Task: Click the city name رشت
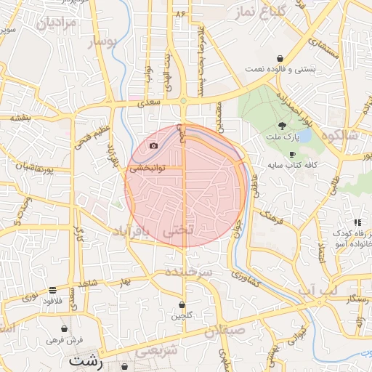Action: pyautogui.click(x=86, y=360)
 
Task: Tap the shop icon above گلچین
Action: pyautogui.click(x=182, y=304)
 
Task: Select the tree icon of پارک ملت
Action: pyautogui.click(x=282, y=126)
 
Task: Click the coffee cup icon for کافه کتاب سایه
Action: pyautogui.click(x=292, y=154)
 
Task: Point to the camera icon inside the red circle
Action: pyautogui.click(x=153, y=146)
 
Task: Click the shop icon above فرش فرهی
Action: pyautogui.click(x=65, y=328)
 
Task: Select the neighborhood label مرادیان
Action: pyautogui.click(x=52, y=24)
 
